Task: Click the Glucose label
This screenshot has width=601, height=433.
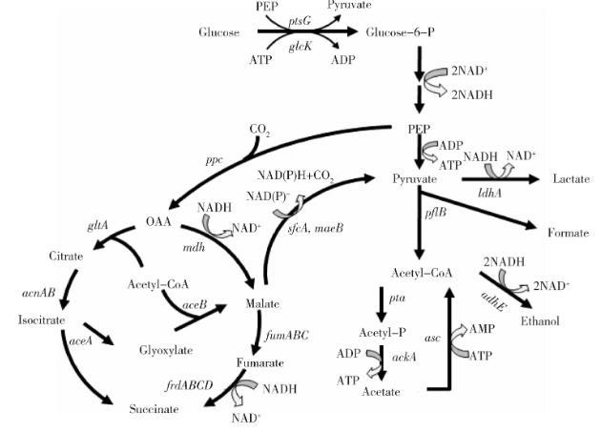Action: tap(218, 32)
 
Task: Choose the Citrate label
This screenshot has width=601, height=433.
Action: tap(40, 257)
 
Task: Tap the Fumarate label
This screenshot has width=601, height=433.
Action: tap(261, 363)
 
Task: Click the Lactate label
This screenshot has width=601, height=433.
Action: tap(568, 178)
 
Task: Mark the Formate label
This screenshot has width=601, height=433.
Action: tap(569, 232)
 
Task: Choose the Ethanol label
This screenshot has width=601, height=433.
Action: tap(541, 320)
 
